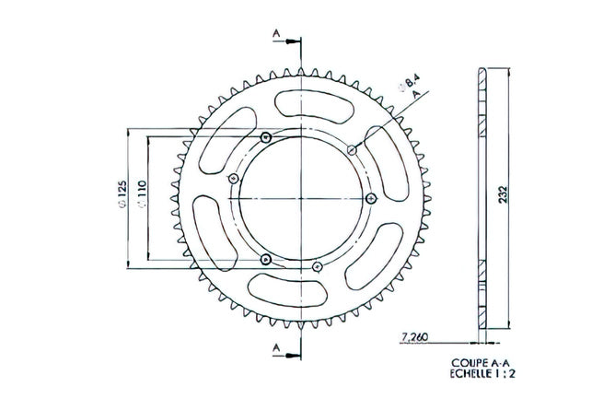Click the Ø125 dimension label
[x=122, y=193]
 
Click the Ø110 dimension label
[x=142, y=193]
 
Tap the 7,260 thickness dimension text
[x=415, y=336]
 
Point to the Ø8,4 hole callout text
[x=409, y=83]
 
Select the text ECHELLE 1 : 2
[x=482, y=374]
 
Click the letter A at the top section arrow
[x=276, y=34]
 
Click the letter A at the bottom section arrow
[x=276, y=347]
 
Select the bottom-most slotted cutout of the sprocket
[x=288, y=290]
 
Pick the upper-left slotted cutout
[x=227, y=140]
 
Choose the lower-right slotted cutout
[x=375, y=256]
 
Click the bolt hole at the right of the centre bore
[x=371, y=198]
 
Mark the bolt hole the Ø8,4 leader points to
[x=353, y=149]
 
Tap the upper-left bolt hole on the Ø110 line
[x=266, y=137]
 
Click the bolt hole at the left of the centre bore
[x=233, y=179]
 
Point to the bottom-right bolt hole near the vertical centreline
[x=317, y=267]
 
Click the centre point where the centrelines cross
[x=301, y=198]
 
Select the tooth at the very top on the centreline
[x=301, y=72]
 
